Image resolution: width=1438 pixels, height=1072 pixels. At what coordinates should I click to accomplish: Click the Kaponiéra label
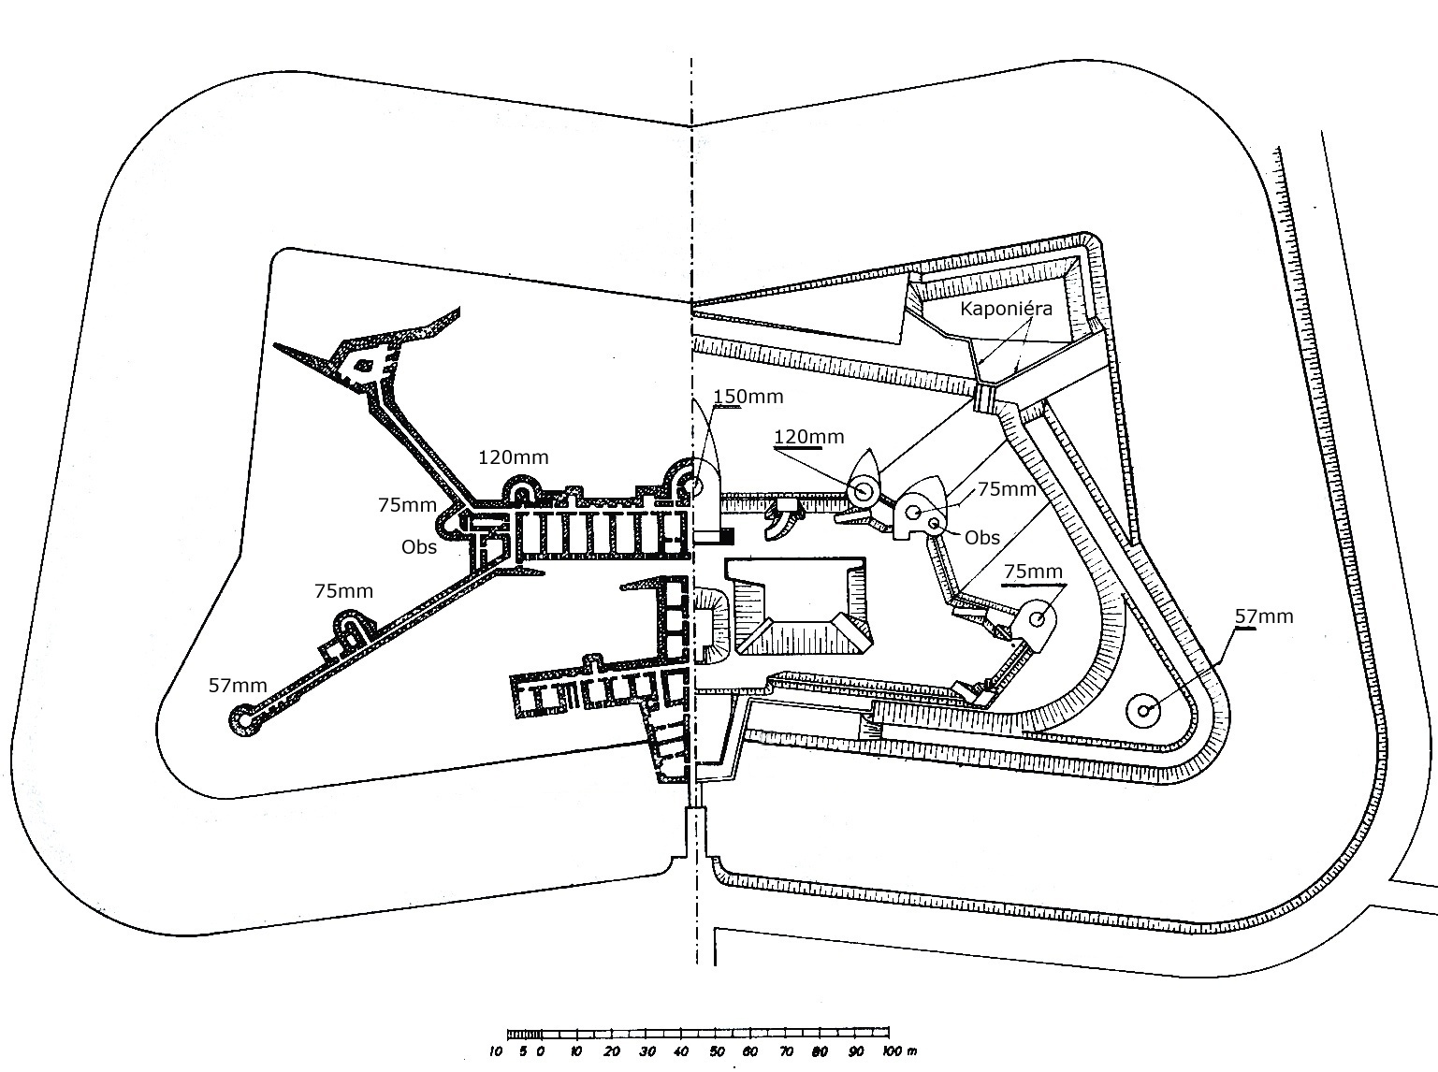point(1007,309)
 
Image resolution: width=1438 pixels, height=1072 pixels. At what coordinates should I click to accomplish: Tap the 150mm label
point(748,397)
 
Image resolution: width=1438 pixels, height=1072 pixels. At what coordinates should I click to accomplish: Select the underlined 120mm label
point(809,436)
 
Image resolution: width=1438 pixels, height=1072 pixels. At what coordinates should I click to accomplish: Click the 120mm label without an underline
point(513,457)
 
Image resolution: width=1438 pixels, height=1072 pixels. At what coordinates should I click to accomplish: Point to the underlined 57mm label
point(1264,616)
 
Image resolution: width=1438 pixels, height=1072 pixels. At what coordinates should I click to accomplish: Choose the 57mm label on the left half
point(238,686)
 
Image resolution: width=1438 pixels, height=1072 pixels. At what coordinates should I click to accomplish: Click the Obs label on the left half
point(419,547)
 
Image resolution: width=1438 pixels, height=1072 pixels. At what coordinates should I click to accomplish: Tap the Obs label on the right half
point(982,538)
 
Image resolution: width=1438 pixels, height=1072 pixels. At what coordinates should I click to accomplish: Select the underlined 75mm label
point(1033,571)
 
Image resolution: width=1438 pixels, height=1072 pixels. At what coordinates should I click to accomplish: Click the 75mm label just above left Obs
point(407,505)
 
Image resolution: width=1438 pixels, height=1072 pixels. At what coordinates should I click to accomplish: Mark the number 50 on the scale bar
point(717,1051)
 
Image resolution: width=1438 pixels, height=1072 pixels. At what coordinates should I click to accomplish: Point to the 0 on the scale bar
point(540,1051)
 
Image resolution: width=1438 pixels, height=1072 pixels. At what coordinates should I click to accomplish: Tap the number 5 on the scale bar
point(523,1051)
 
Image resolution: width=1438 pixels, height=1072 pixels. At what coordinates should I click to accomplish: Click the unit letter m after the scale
point(910,1052)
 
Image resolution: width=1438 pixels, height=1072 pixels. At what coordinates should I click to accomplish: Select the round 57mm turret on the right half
point(1144,710)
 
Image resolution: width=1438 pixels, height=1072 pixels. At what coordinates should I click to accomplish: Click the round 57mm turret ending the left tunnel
point(243,719)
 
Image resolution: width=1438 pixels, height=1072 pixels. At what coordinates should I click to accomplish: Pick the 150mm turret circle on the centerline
point(694,485)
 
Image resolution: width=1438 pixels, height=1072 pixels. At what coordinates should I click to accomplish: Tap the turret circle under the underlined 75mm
point(1037,617)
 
